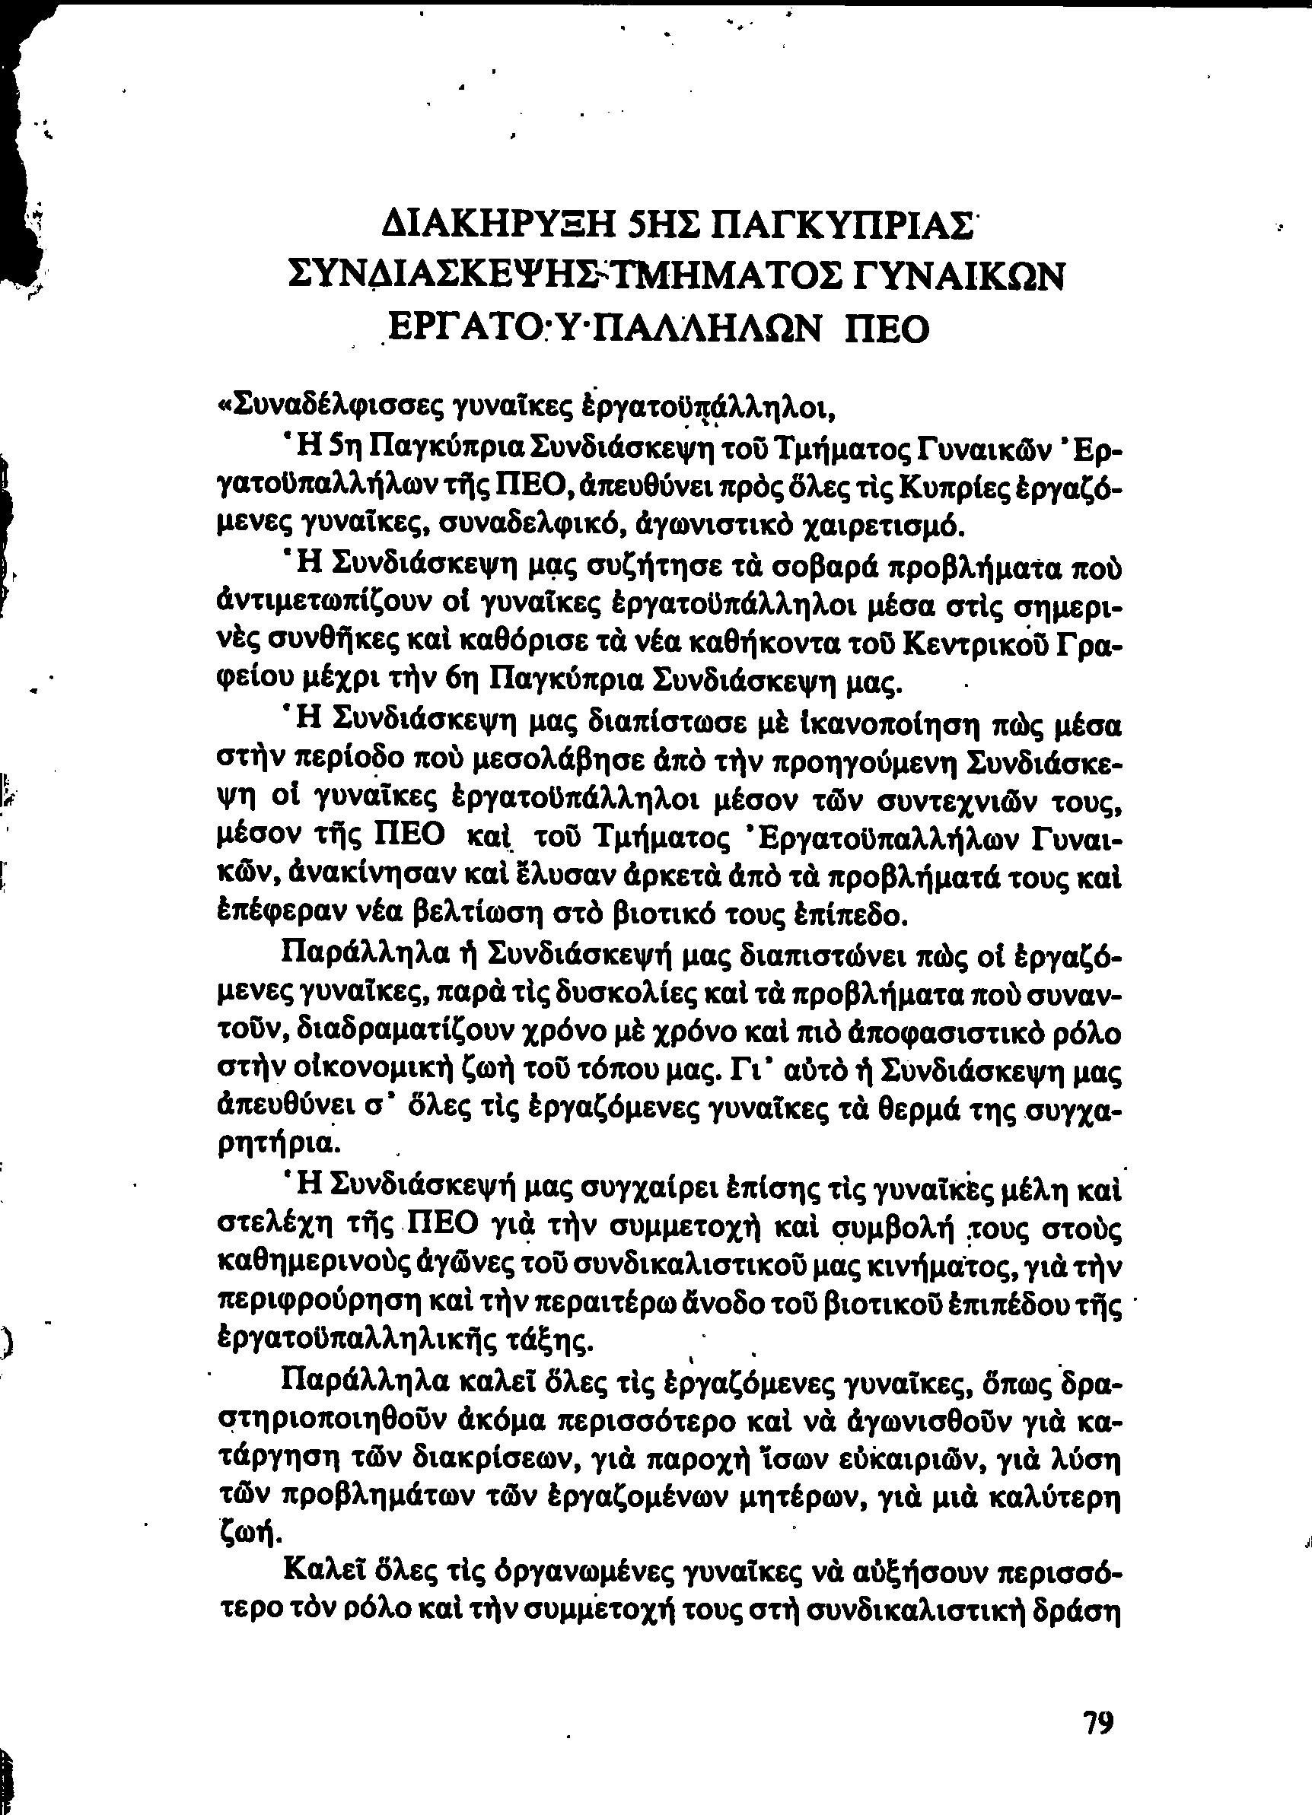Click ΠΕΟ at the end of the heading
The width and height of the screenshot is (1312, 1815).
889,328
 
